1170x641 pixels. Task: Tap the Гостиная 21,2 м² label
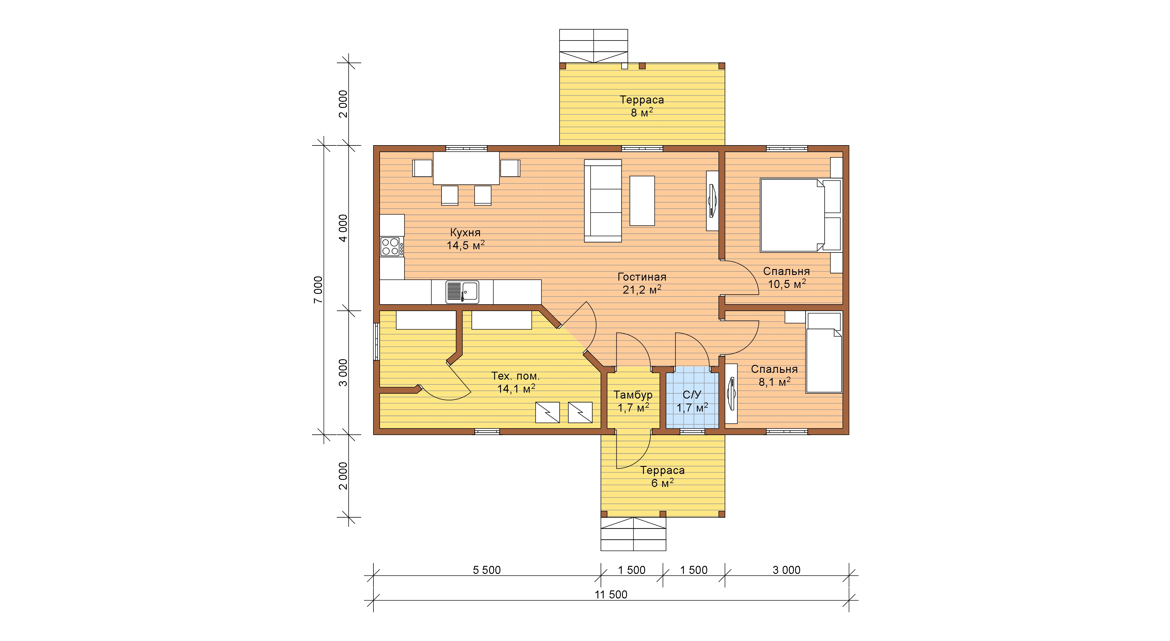(642, 283)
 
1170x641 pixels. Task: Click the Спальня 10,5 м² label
(787, 278)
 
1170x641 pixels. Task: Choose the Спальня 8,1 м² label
(774, 376)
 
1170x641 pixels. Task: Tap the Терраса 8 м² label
(642, 106)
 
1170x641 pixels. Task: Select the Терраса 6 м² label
(663, 477)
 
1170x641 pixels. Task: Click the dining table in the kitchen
(466, 168)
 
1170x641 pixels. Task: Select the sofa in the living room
(603, 201)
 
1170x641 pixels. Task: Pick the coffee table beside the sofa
(642, 201)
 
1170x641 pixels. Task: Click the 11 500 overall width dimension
(611, 595)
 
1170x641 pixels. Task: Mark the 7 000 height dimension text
(318, 290)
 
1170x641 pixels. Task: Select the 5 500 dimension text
(487, 570)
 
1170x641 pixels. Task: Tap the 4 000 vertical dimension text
(343, 228)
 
